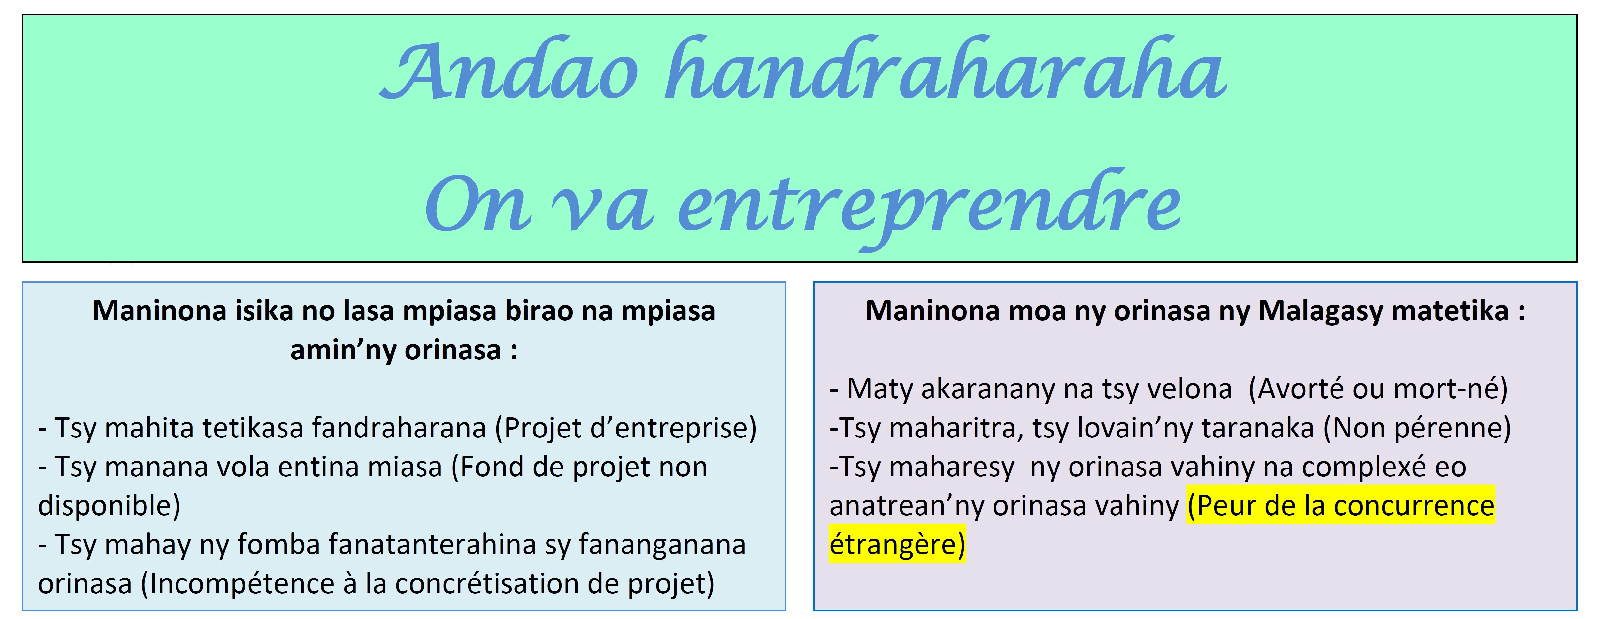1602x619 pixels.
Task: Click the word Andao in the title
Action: [509, 70]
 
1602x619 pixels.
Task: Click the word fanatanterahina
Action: [432, 544]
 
